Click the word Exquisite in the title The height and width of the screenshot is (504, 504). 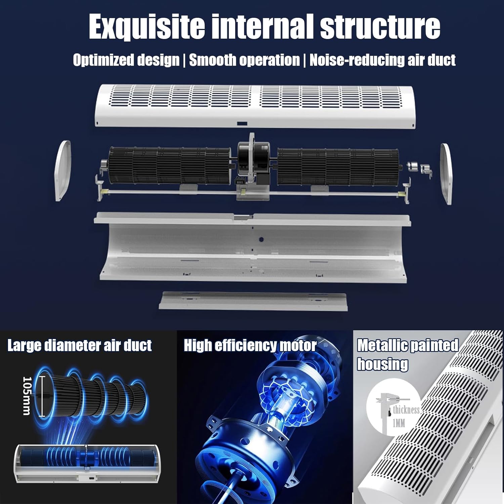[147, 27]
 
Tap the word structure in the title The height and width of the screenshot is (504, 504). [380, 27]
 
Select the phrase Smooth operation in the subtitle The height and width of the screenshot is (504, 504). [244, 60]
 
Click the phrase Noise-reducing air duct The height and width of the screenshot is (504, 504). [382, 60]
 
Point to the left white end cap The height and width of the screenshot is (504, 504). [63, 171]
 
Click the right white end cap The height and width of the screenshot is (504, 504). [446, 173]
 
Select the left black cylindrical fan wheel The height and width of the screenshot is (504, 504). [170, 166]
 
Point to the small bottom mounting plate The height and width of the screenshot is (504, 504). [253, 300]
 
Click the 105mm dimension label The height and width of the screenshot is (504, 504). [27, 396]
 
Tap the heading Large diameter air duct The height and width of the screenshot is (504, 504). [80, 346]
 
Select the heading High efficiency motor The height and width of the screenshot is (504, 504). [250, 346]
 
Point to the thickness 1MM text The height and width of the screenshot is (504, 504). [406, 416]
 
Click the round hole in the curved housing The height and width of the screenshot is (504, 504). [261, 240]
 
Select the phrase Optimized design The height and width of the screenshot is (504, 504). [126, 60]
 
